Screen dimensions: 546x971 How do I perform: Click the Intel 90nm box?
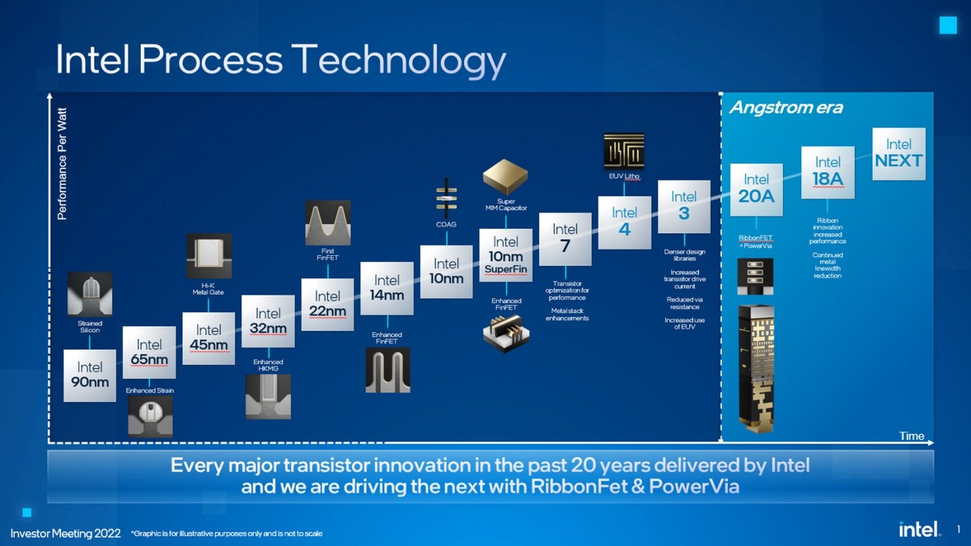click(89, 376)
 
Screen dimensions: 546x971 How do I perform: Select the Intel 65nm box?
click(149, 352)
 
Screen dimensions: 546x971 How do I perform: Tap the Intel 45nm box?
click(208, 338)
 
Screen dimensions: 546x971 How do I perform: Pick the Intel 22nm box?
click(328, 304)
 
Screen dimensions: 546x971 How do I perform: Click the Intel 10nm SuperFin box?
click(506, 255)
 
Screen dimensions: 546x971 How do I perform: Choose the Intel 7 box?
click(565, 238)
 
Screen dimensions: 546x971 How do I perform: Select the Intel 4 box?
click(624, 222)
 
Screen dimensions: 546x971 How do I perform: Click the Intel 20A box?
click(756, 189)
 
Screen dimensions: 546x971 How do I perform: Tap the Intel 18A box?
click(827, 172)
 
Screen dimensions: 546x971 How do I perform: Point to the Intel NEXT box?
click(898, 154)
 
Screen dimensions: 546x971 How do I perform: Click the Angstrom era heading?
click(786, 108)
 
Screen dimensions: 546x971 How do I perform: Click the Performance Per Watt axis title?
click(62, 164)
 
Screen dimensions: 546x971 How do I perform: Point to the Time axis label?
click(911, 436)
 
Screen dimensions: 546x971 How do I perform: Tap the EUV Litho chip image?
click(624, 152)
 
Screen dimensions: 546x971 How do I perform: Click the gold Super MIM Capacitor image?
click(505, 176)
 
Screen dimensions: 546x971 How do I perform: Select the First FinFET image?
click(328, 223)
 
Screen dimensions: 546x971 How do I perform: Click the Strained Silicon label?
click(90, 326)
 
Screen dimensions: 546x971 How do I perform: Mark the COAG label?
click(446, 224)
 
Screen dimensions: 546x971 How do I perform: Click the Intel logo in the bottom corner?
click(919, 529)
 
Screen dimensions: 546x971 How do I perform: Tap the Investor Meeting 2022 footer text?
click(65, 533)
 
